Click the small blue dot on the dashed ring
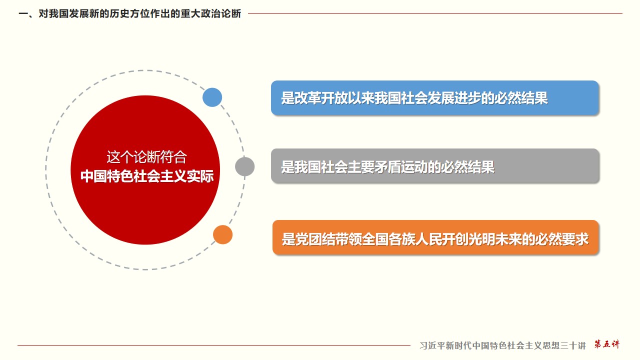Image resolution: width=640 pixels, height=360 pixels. pos(212,97)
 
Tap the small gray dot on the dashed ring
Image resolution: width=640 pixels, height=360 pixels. pos(245,166)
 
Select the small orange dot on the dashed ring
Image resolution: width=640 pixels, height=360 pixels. pos(223,234)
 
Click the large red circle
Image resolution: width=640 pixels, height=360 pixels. pos(145,170)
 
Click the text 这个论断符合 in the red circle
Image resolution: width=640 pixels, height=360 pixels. pos(147,157)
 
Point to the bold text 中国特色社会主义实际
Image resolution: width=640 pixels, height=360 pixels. pos(147,176)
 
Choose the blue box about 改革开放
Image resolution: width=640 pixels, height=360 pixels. pos(435,98)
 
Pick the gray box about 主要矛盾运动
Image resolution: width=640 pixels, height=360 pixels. pos(435,166)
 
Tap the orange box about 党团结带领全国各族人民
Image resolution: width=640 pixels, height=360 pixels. pos(435,237)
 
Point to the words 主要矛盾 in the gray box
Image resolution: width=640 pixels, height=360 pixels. pos(374,167)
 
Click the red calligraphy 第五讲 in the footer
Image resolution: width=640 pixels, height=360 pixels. pos(607,344)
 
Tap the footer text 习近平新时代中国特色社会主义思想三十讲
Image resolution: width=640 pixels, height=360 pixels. pos(502,345)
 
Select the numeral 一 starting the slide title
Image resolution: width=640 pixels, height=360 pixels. pos(23,13)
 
